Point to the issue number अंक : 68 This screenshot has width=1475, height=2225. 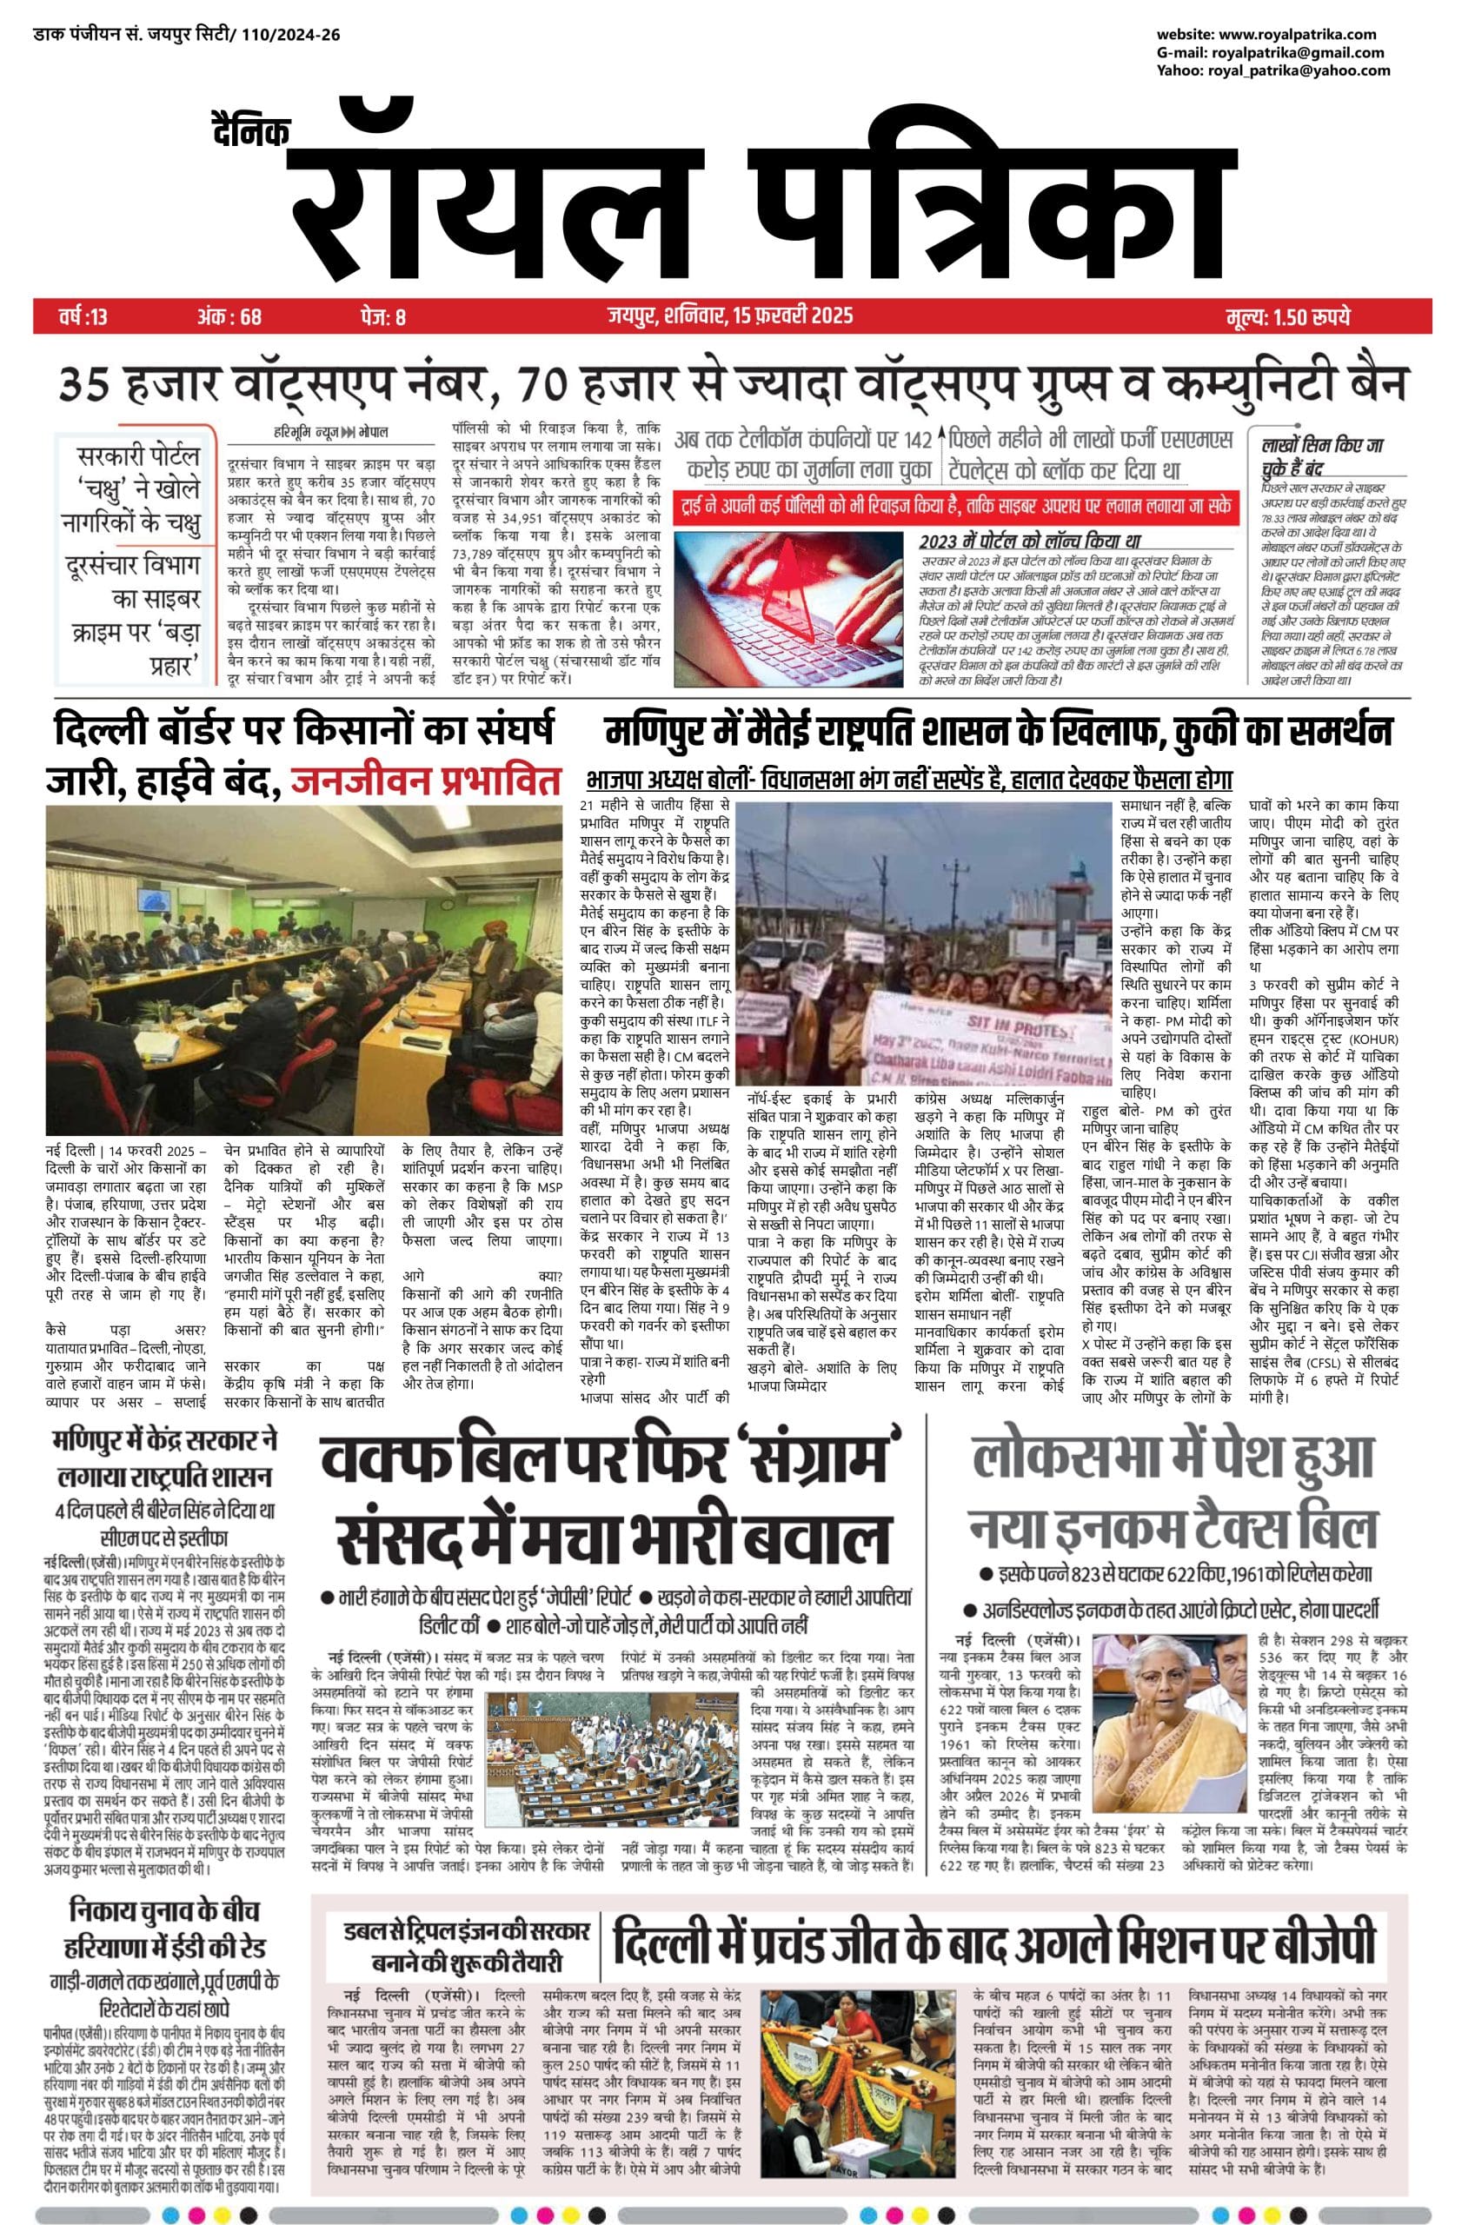229,316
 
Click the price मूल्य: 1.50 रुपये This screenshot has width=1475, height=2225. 1288,316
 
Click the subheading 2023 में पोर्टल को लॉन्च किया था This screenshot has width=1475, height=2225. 1029,542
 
